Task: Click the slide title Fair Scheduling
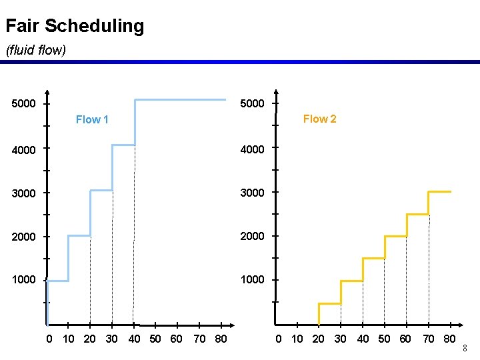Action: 75,27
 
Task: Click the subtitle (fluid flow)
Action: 36,50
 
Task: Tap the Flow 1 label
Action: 92,120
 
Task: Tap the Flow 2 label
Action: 319,119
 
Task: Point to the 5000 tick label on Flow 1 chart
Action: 24,104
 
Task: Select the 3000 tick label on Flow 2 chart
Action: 252,193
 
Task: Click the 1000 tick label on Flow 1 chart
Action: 24,280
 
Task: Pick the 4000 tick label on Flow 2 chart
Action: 252,149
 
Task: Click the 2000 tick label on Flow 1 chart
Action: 24,237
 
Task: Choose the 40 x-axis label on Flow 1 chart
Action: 134,339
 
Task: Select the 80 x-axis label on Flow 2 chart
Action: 450,339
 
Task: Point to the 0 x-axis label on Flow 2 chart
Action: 279,339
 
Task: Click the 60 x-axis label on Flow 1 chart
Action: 176,339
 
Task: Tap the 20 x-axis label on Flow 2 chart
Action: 319,339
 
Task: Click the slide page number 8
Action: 465,348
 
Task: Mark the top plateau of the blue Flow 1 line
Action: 180,100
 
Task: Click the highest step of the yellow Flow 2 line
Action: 439,192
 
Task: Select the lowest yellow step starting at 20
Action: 329,304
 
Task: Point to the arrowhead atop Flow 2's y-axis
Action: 276,93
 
